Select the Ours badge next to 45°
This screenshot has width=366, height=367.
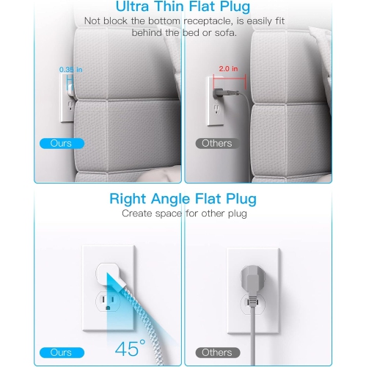point(61,353)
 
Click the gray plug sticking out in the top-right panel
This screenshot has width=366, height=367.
point(222,91)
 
